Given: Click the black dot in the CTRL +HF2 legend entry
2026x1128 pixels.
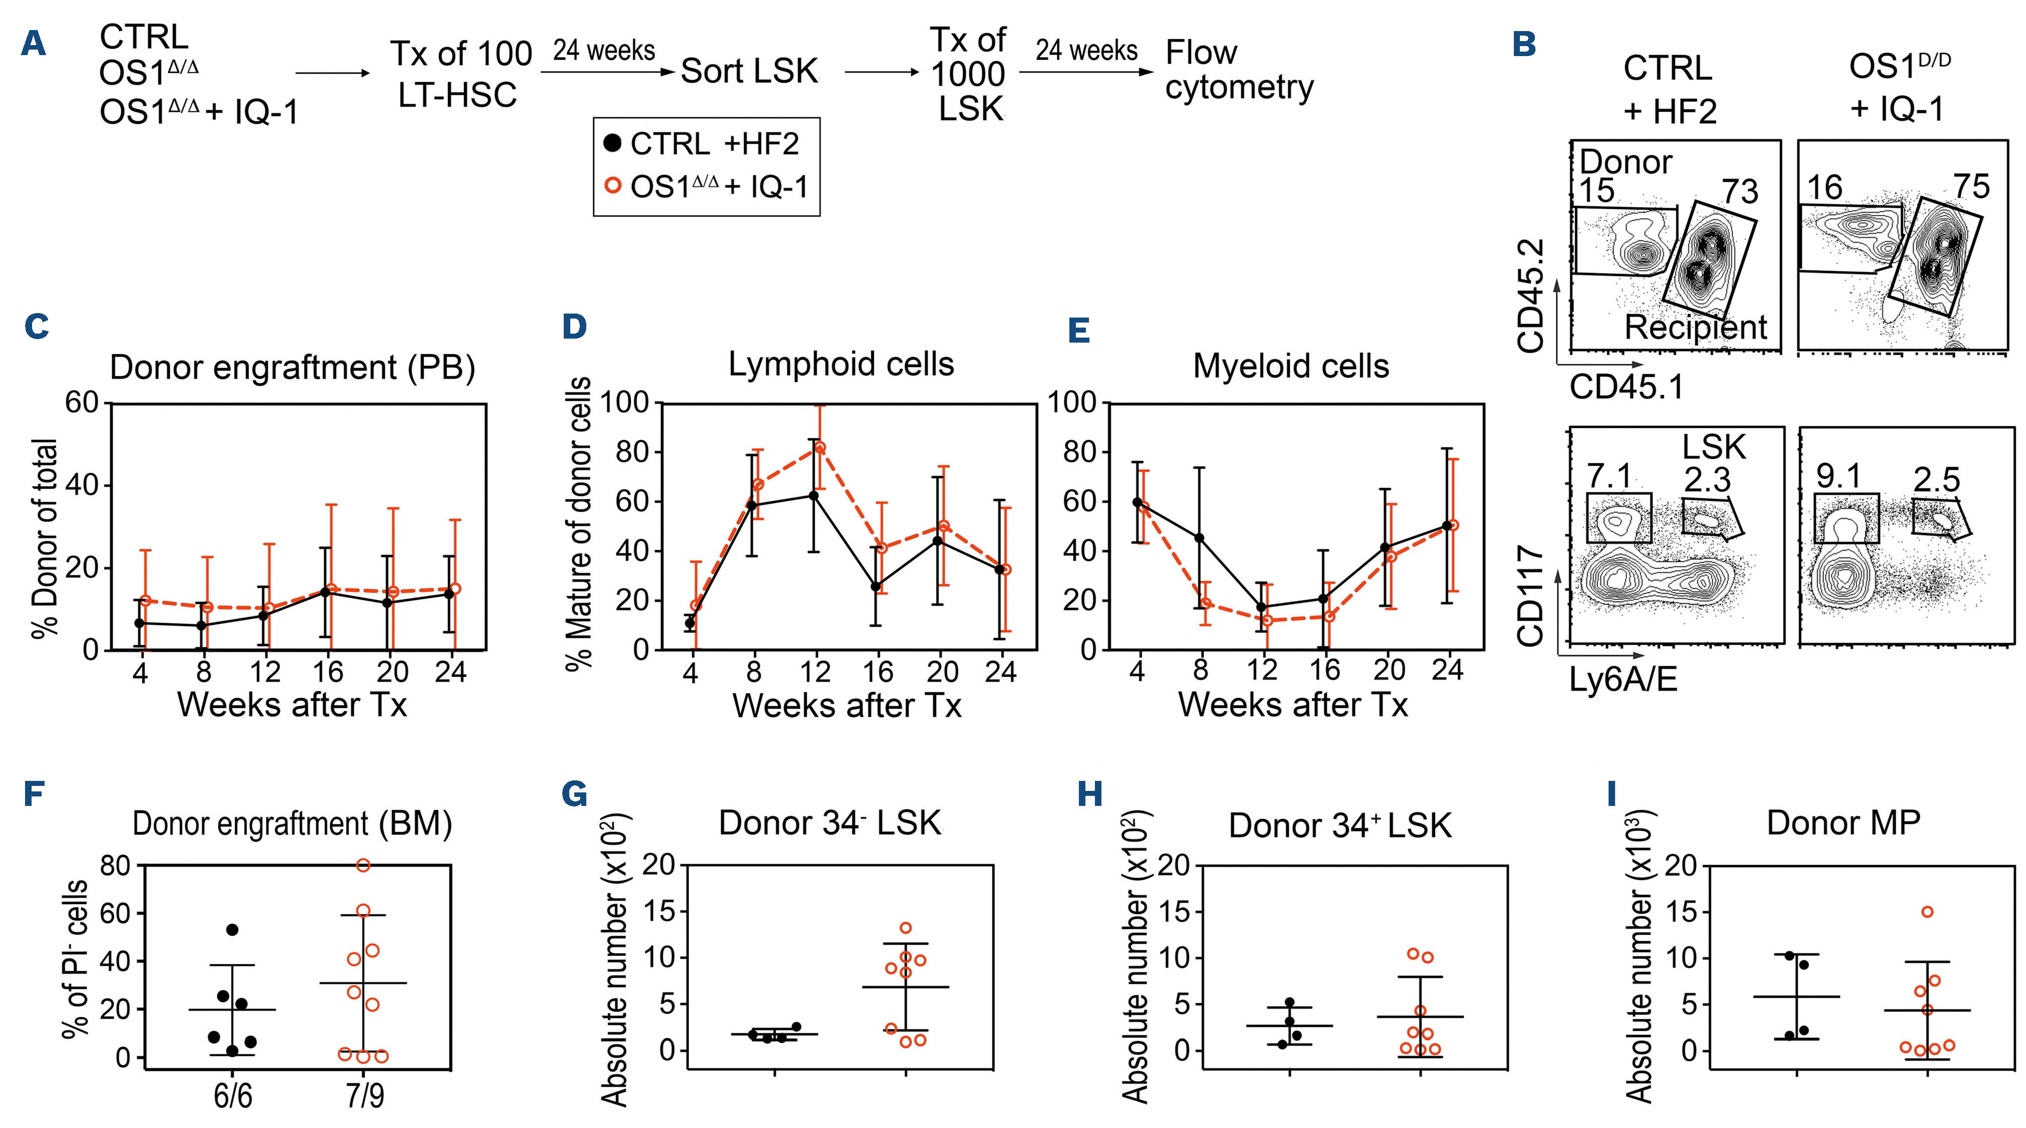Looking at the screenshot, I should coord(612,144).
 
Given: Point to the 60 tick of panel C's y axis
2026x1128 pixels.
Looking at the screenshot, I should coord(81,403).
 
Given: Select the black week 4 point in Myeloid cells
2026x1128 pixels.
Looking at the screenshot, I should coord(1137,501).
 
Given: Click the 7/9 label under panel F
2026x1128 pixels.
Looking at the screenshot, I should coord(365,1095).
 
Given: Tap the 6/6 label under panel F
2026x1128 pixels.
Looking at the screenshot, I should coord(233,1095).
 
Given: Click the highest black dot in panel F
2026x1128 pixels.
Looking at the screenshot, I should coord(232,930).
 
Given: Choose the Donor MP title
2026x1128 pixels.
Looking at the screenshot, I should coord(1843,823).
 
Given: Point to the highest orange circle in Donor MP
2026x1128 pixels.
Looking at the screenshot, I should coord(1927,912).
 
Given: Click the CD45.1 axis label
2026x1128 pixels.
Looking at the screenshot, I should coord(1627,387).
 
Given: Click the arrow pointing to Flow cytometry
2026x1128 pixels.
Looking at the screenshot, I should coord(1085,72).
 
